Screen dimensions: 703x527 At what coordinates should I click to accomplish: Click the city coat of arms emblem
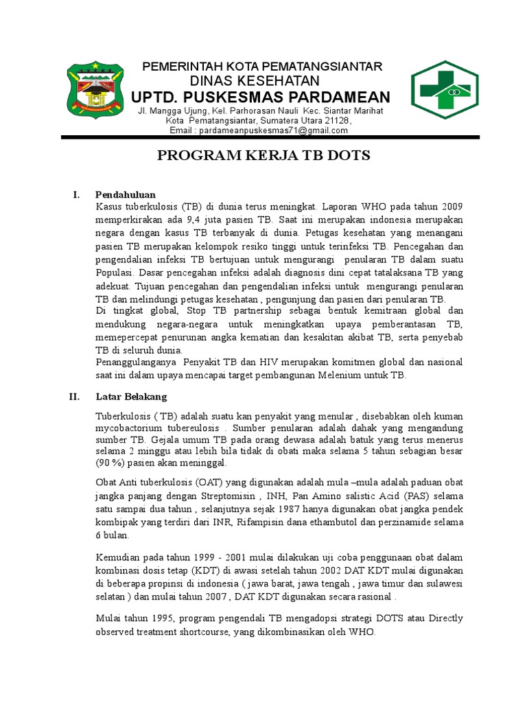[96, 91]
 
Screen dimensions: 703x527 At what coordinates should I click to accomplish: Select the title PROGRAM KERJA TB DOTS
[263, 156]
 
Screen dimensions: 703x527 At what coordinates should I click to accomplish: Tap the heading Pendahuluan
[126, 194]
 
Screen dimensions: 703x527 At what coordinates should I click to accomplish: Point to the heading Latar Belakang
[131, 397]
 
